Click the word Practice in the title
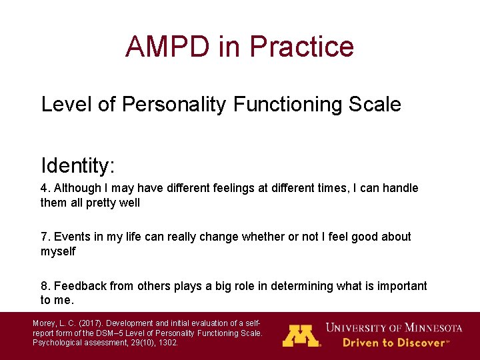[301, 47]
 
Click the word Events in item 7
[72, 237]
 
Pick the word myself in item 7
[58, 251]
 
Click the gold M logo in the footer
[301, 335]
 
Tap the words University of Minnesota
[393, 327]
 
